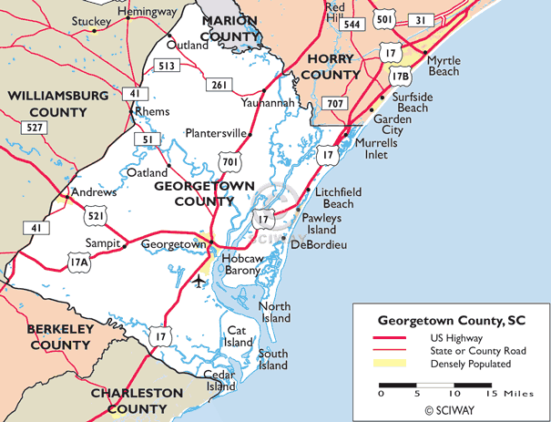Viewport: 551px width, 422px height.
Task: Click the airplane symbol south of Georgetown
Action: [199, 279]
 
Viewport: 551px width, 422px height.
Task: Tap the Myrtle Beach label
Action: [444, 66]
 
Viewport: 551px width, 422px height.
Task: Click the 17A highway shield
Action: [52, 262]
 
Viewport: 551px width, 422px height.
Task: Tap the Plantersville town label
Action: [216, 133]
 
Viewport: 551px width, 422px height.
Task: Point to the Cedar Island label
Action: [219, 380]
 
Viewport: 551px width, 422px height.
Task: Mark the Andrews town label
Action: [95, 193]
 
